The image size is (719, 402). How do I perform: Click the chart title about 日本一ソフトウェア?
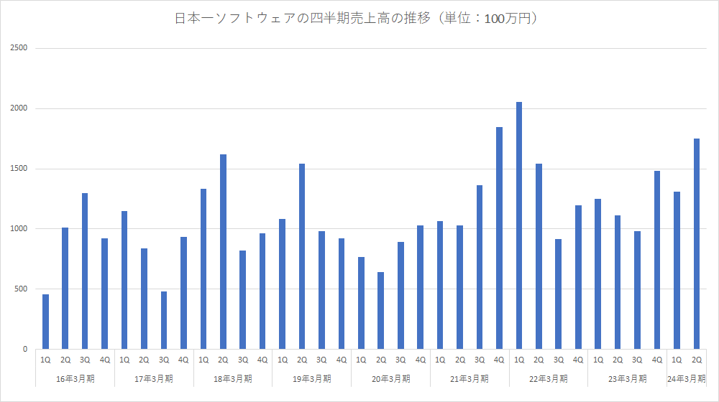tap(357, 19)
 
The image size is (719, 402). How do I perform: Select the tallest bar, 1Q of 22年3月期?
tap(519, 225)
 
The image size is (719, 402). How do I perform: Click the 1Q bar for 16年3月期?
tap(45, 322)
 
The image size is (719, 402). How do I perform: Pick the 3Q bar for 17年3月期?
tap(164, 320)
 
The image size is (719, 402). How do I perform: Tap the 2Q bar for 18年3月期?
tap(223, 251)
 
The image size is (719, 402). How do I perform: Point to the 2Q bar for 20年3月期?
tap(380, 310)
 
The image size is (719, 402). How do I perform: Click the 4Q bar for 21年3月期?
tap(499, 238)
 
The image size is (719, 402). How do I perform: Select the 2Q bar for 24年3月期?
tap(697, 243)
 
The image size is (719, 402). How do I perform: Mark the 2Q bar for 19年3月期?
tap(302, 256)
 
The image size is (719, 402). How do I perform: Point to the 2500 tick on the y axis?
tap(19, 48)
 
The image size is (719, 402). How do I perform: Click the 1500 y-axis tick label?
tap(19, 169)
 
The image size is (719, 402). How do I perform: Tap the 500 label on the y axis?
tap(21, 289)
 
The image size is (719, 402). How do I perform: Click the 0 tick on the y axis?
tap(24, 350)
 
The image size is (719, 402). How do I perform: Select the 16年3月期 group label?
tap(75, 378)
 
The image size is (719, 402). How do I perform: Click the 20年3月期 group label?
tap(391, 378)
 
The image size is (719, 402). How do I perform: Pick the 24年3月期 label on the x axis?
tap(687, 378)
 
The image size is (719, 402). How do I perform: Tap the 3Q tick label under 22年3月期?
tap(559, 360)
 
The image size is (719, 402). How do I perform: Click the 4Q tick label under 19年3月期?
tap(342, 360)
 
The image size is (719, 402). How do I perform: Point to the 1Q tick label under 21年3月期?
tap(440, 360)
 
